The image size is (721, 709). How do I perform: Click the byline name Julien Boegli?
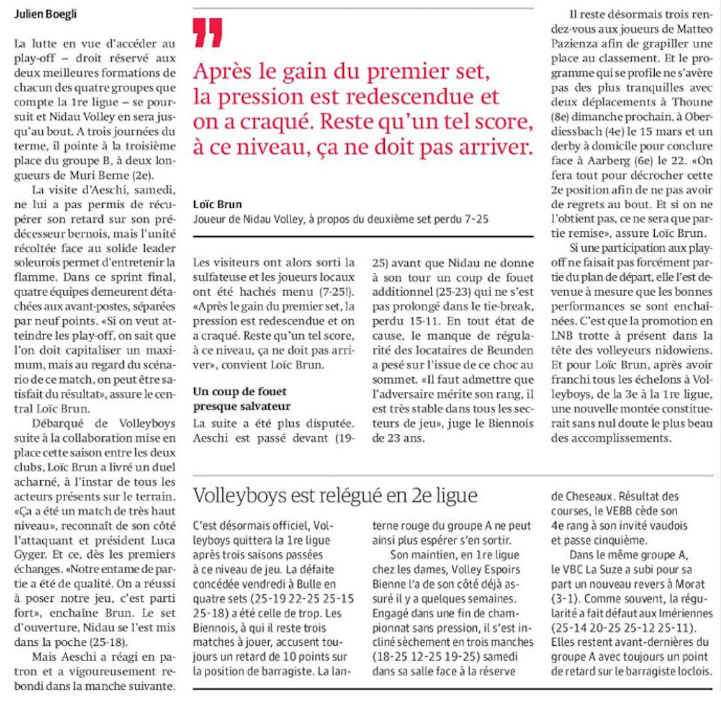[x=45, y=14]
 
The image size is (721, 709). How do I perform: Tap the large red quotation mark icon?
[x=208, y=32]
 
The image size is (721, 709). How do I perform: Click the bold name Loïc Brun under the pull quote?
[x=217, y=205]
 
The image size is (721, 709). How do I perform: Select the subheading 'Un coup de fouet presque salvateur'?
[x=242, y=399]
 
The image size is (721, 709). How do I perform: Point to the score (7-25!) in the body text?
[x=337, y=292]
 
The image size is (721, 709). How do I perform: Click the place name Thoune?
[x=692, y=102]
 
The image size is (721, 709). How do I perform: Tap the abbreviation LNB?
[x=562, y=336]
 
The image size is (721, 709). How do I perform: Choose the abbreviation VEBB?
[x=614, y=511]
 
